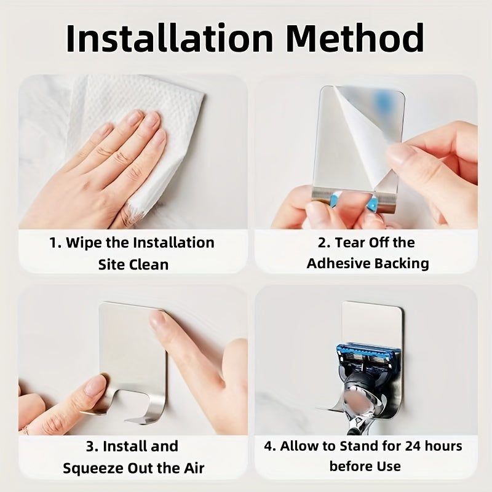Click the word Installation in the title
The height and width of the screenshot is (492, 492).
click(x=170, y=38)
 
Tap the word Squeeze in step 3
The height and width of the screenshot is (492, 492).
click(x=93, y=469)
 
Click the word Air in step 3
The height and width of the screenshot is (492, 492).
click(x=194, y=468)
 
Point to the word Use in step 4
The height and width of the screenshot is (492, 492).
click(x=389, y=467)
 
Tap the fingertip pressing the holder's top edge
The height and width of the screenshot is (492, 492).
click(x=157, y=319)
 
